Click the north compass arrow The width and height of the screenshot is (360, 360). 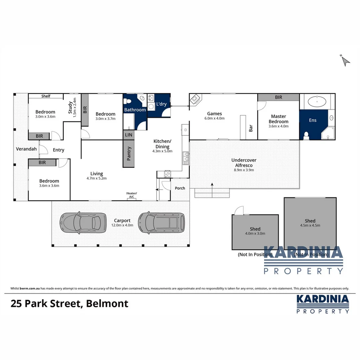(x=346, y=61)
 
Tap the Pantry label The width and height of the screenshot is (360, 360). (x=129, y=154)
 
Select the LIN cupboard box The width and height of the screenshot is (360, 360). (x=128, y=135)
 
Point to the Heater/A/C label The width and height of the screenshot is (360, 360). (x=131, y=195)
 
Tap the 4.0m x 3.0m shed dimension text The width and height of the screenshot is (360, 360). (x=255, y=233)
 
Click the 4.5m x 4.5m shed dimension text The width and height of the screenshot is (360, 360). (x=310, y=225)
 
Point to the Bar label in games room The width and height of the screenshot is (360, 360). (x=251, y=128)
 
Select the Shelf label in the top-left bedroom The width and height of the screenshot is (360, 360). (x=46, y=96)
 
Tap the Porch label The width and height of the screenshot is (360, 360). (x=180, y=188)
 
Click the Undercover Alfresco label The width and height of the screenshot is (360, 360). (x=244, y=163)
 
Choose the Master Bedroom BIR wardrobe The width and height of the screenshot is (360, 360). (x=278, y=97)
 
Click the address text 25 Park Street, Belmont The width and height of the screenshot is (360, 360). (x=69, y=304)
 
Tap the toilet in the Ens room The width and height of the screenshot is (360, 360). (x=306, y=135)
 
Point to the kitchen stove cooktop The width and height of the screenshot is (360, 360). (x=168, y=174)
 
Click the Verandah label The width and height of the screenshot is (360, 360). (x=26, y=149)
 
